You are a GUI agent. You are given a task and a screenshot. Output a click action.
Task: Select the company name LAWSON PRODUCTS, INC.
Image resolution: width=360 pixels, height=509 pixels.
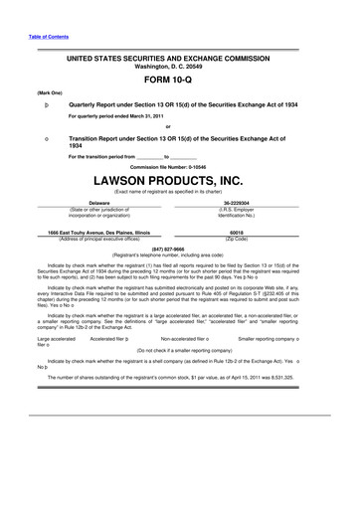[179, 181]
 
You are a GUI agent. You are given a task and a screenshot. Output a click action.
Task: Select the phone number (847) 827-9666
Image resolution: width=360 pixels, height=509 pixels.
[179, 250]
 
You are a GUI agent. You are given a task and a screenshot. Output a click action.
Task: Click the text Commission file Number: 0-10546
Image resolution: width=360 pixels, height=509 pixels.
[179, 165]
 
